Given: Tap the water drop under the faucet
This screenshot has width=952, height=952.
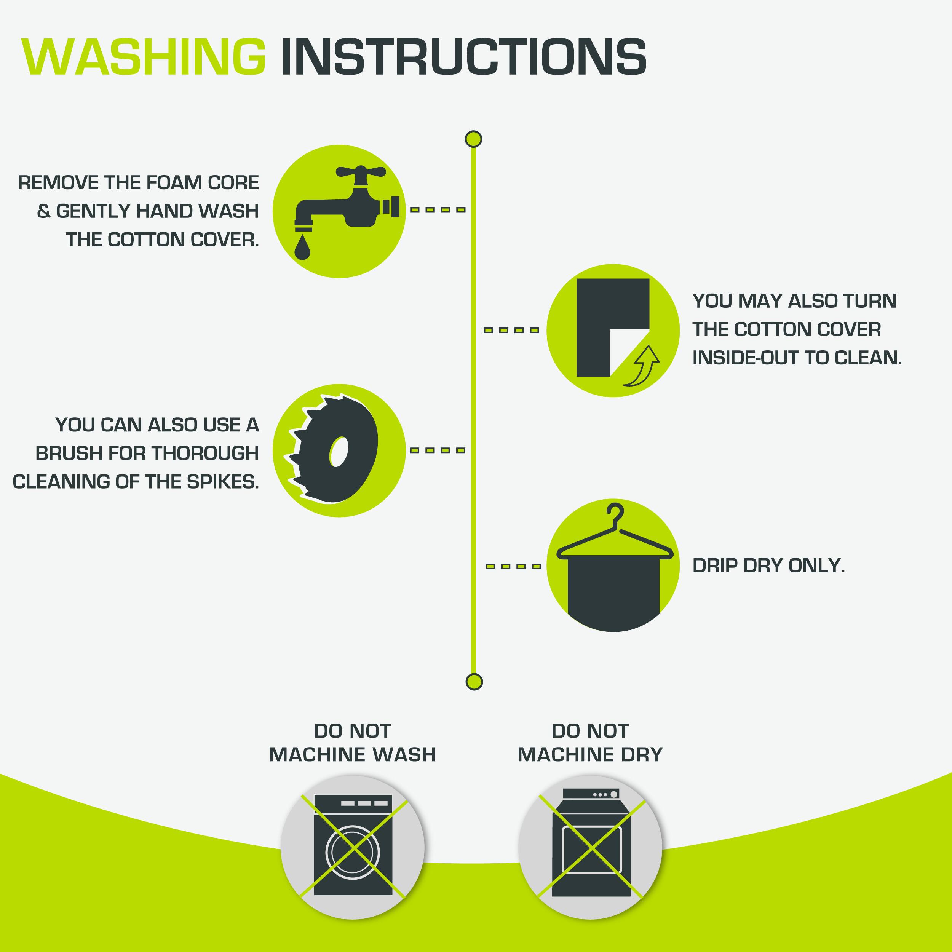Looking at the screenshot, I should pyautogui.click(x=302, y=248).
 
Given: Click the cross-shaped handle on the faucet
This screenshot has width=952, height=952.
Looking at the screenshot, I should pyautogui.click(x=360, y=172).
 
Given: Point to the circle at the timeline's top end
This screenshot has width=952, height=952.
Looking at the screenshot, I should pyautogui.click(x=474, y=139).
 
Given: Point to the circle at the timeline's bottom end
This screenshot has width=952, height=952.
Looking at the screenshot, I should pyautogui.click(x=474, y=682).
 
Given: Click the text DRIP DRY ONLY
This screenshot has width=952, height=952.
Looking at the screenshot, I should pyautogui.click(x=768, y=566).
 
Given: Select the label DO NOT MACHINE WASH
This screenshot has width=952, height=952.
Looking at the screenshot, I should pyautogui.click(x=352, y=743).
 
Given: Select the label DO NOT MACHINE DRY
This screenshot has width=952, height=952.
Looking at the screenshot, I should pyautogui.click(x=590, y=743).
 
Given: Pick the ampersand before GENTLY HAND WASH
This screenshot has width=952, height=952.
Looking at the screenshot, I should pyautogui.click(x=43, y=211).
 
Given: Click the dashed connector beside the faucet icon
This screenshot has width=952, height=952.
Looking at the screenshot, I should pyautogui.click(x=438, y=210).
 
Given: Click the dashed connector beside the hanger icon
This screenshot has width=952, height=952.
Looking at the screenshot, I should pyautogui.click(x=513, y=566).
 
